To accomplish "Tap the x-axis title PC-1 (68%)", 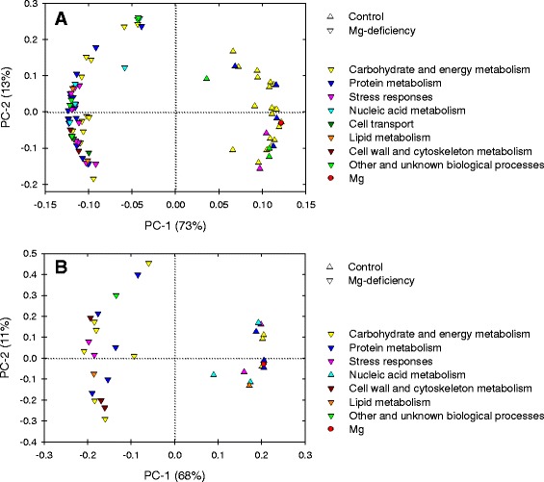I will click(x=173, y=474).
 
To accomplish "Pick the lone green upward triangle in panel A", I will click(x=206, y=79).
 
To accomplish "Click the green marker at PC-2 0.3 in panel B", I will click(x=117, y=296).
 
